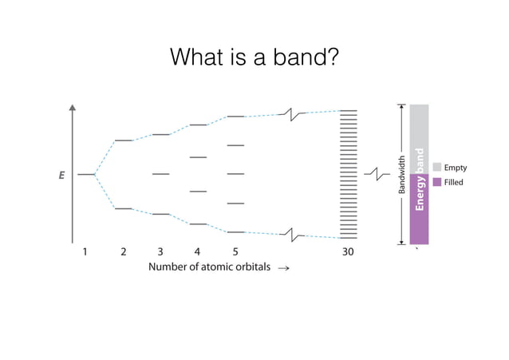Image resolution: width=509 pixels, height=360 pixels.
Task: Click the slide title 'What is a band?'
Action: coord(254,57)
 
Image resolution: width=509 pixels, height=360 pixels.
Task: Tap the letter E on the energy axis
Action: coord(61,175)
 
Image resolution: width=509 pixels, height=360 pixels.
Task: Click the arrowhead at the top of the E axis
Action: coord(73,109)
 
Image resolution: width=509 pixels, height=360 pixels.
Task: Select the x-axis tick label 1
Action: coord(85,251)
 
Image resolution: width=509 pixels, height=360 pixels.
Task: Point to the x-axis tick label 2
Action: coord(124,251)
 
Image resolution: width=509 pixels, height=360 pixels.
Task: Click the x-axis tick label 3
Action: coord(160,251)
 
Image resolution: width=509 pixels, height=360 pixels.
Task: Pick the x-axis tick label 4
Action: coord(198,251)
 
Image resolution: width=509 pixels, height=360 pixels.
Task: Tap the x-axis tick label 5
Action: coord(235,251)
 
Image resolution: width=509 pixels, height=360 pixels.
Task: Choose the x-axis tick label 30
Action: coord(348,251)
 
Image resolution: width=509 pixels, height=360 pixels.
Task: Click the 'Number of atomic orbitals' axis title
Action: coord(210,267)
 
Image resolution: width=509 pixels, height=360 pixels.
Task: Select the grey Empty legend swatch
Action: coord(437,168)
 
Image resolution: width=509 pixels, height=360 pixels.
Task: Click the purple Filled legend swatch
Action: coord(437,183)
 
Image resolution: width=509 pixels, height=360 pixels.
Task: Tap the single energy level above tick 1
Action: coord(85,174)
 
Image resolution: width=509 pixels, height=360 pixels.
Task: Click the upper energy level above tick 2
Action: coord(124,140)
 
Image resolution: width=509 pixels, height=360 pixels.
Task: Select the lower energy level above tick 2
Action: coord(124,208)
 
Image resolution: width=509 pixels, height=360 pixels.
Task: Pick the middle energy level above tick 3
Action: coord(160,174)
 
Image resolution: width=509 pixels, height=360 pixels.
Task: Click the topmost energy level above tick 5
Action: coord(235,117)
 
